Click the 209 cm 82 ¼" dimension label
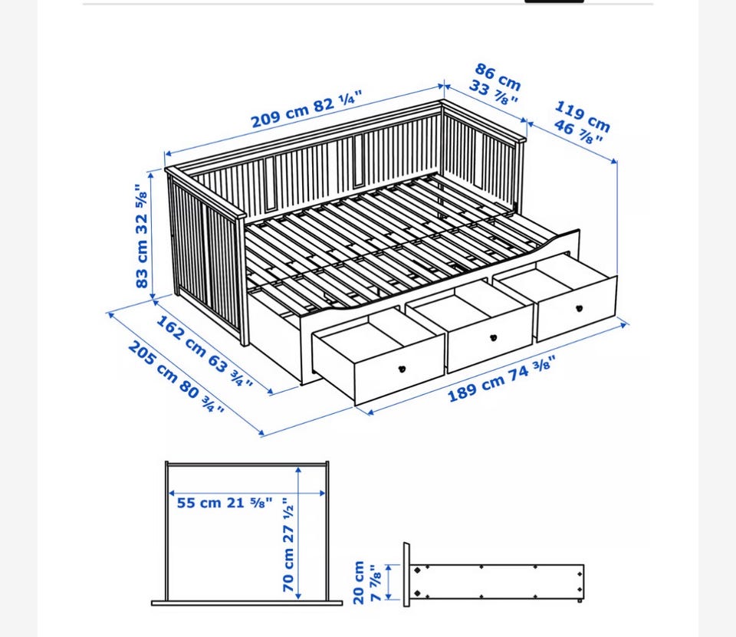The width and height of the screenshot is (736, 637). [307, 109]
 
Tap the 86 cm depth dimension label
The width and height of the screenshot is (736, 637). [496, 84]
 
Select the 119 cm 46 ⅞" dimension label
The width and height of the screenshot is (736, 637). [582, 122]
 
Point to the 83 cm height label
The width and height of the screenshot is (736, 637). [141, 235]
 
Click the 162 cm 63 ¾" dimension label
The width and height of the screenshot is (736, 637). [204, 350]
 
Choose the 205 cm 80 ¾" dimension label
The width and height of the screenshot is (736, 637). [176, 377]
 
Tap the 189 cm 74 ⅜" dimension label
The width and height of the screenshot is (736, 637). [501, 379]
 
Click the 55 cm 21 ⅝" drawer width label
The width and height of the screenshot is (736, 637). [225, 503]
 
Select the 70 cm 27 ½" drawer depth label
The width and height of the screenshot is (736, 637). [288, 545]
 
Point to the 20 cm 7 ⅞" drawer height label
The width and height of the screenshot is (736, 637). [366, 583]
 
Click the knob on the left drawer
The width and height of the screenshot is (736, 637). [402, 369]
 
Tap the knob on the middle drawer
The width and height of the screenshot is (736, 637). [493, 338]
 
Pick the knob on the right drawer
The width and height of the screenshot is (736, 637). [580, 308]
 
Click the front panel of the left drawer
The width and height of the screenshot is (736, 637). [399, 371]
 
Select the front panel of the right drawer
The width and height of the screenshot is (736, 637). [577, 309]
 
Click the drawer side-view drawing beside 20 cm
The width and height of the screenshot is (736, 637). [494, 576]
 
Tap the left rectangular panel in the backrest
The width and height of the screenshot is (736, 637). [270, 182]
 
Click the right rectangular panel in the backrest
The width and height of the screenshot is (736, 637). [359, 159]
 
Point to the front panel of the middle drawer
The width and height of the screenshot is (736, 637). [491, 339]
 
